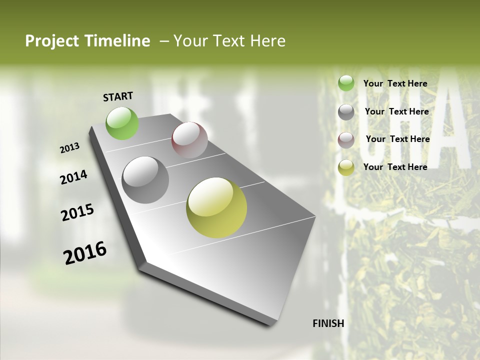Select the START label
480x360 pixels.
pyautogui.click(x=118, y=96)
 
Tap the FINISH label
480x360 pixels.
pyautogui.click(x=328, y=323)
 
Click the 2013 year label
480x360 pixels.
pyautogui.click(x=70, y=148)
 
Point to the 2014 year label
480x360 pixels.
pyautogui.click(x=73, y=177)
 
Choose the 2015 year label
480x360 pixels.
pyautogui.click(x=77, y=212)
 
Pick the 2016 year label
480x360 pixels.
pyautogui.click(x=85, y=252)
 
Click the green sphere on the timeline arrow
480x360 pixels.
pyautogui.click(x=122, y=123)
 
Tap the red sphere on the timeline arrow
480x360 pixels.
pyautogui.click(x=189, y=140)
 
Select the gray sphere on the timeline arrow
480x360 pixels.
pyautogui.click(x=145, y=180)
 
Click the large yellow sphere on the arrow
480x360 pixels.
pyautogui.click(x=216, y=207)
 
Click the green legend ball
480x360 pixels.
pyautogui.click(x=346, y=83)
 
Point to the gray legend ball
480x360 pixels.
pyautogui.click(x=346, y=112)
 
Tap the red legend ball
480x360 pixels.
pyautogui.click(x=346, y=140)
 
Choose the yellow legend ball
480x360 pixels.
pyautogui.click(x=346, y=167)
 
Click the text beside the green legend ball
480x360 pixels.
pyautogui.click(x=395, y=83)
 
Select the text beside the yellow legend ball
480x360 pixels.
pyautogui.click(x=395, y=167)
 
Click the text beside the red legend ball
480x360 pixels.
pyautogui.click(x=397, y=139)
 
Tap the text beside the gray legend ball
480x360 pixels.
pyautogui.click(x=396, y=111)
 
